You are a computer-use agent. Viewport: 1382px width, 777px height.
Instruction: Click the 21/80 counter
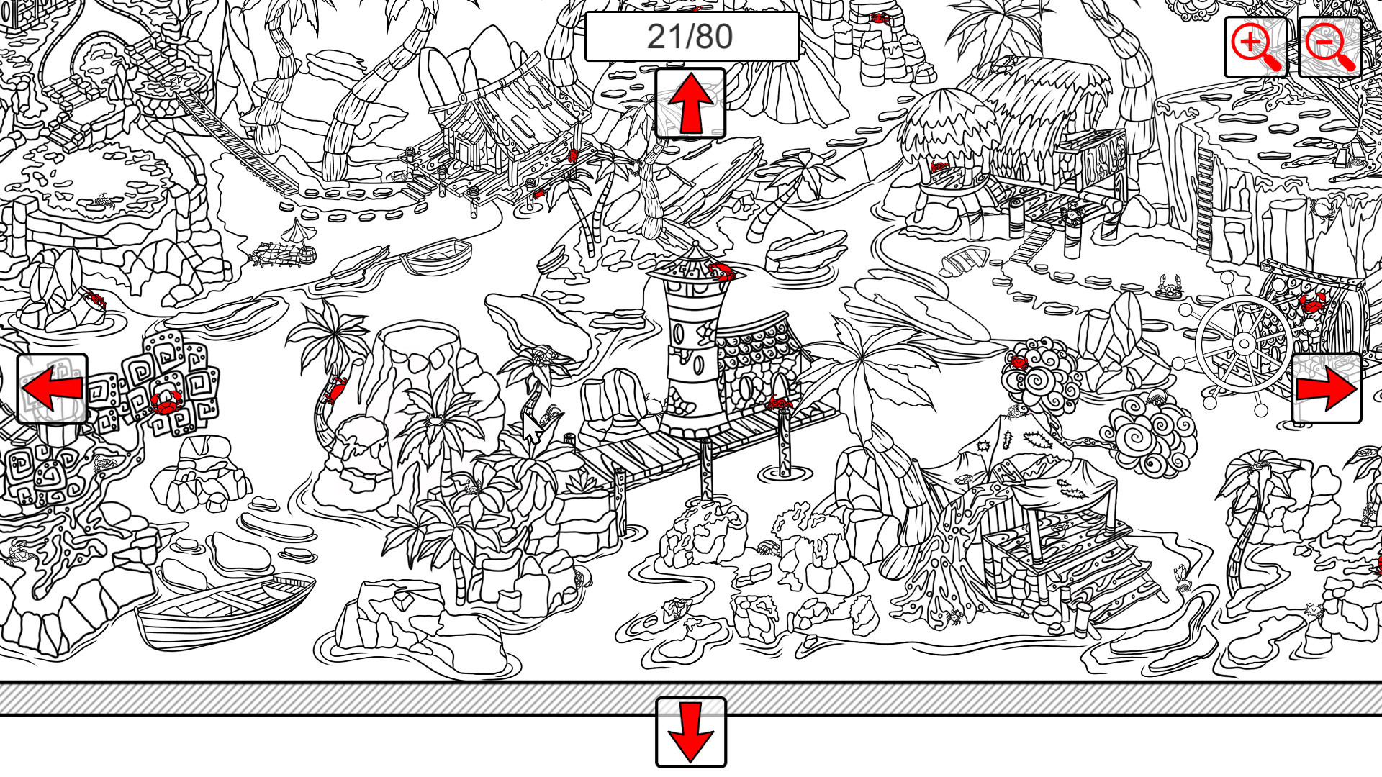click(x=691, y=37)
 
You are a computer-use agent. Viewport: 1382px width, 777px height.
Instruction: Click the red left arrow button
click(x=52, y=388)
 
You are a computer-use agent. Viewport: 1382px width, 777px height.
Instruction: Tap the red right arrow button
click(x=1326, y=388)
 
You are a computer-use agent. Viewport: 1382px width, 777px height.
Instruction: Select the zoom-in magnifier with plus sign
click(x=1255, y=47)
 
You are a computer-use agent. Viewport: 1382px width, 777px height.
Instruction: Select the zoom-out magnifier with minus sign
click(x=1329, y=47)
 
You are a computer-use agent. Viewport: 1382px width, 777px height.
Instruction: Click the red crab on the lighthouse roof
click(x=721, y=271)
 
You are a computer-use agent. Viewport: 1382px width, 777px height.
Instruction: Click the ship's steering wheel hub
click(x=1244, y=344)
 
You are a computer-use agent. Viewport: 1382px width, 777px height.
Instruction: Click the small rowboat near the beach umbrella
click(x=437, y=255)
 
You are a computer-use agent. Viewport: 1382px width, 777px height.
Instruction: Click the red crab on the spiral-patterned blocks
click(x=166, y=401)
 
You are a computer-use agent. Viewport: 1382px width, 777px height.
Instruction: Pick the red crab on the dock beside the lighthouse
click(x=779, y=402)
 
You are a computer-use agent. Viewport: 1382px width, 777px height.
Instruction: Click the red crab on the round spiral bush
click(x=1019, y=362)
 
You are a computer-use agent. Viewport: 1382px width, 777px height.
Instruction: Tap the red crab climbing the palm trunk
click(x=335, y=389)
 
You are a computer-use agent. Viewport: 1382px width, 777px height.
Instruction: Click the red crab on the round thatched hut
click(x=939, y=168)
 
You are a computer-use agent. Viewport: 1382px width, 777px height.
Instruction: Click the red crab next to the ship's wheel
click(x=1311, y=302)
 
